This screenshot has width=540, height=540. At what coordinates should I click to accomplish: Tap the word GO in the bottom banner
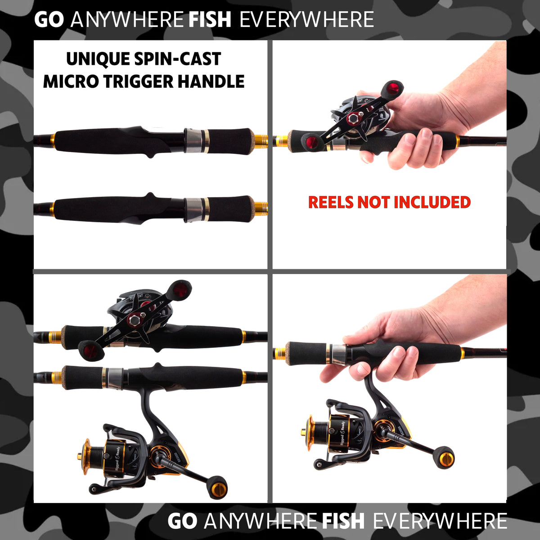(x=182, y=521)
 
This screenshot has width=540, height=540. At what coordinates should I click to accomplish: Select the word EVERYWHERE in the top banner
(x=307, y=20)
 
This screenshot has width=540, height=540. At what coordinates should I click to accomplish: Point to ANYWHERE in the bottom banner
(x=260, y=521)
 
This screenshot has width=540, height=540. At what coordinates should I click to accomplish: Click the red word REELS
(x=331, y=202)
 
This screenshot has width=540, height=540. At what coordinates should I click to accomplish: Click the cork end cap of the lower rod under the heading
(x=261, y=208)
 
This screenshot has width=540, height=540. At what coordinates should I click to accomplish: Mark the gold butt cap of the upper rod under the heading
(x=261, y=141)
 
